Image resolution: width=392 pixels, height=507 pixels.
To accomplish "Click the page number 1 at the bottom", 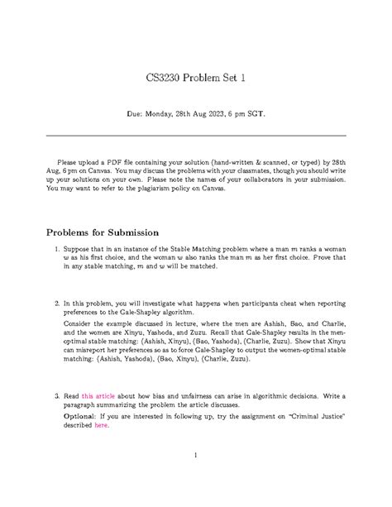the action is coord(196,478).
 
